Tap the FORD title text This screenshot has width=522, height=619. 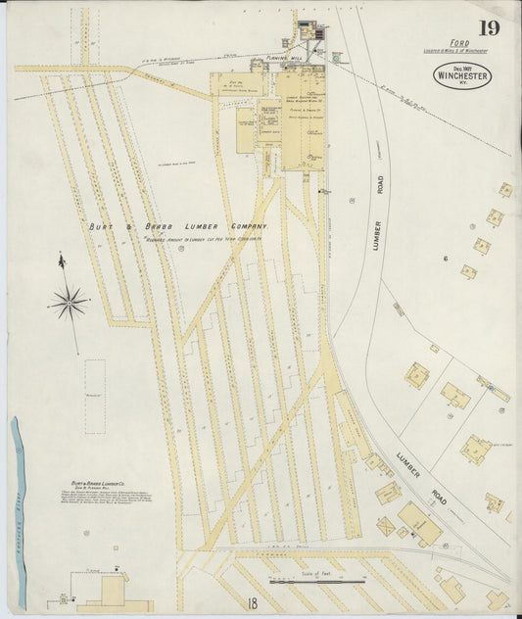(x=459, y=43)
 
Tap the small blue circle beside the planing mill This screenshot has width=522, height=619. (x=336, y=59)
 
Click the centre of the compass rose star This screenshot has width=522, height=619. (x=69, y=302)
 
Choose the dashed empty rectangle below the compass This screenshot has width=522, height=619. (x=94, y=396)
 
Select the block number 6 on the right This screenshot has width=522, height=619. (x=444, y=258)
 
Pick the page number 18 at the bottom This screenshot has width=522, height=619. (x=253, y=603)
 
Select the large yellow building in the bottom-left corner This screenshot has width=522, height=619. (x=114, y=592)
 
